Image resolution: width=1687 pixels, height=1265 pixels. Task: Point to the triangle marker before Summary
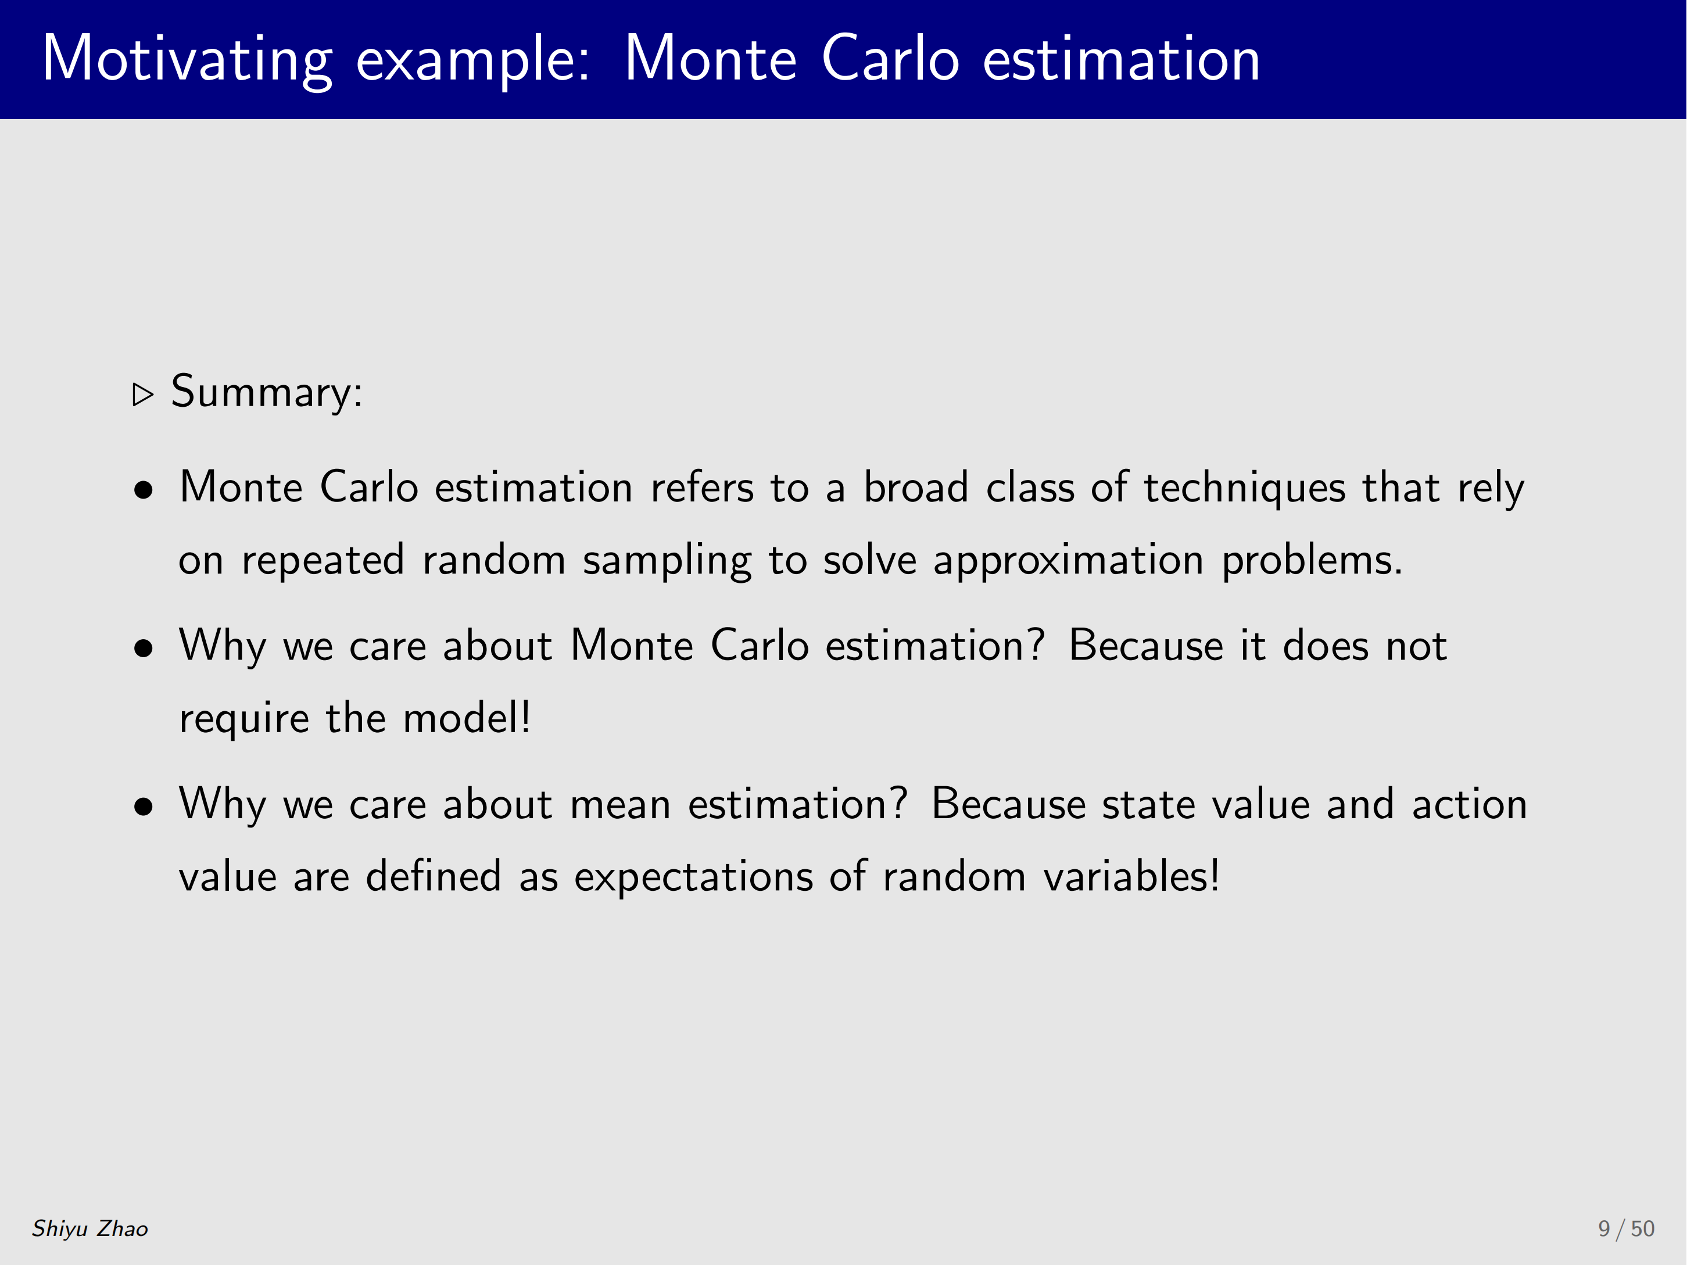point(142,394)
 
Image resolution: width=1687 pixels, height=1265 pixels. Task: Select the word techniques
point(1245,488)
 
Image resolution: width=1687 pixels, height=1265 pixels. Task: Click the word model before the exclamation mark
point(461,718)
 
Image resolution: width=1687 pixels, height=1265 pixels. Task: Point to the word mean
point(620,805)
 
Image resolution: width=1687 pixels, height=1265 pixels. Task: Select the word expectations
point(693,877)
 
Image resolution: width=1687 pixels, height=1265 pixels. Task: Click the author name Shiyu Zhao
point(90,1228)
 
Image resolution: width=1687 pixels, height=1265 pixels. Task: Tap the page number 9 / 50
point(1626,1228)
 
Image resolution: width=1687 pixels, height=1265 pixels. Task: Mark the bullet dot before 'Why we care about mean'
point(144,806)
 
